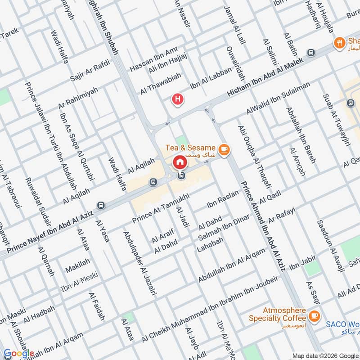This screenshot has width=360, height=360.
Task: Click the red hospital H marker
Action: (x=179, y=99)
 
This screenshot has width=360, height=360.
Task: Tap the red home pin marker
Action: (x=180, y=162)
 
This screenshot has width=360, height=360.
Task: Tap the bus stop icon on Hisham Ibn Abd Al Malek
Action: (x=310, y=53)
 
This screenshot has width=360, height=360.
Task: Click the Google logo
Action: (x=19, y=353)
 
